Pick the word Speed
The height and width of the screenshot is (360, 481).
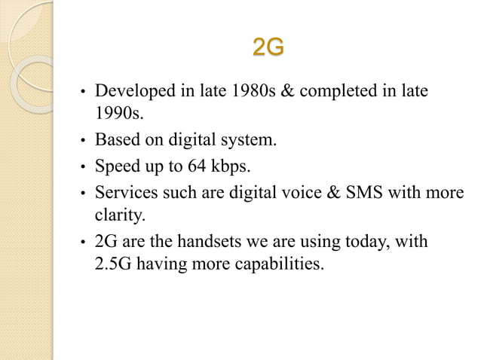(x=113, y=164)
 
